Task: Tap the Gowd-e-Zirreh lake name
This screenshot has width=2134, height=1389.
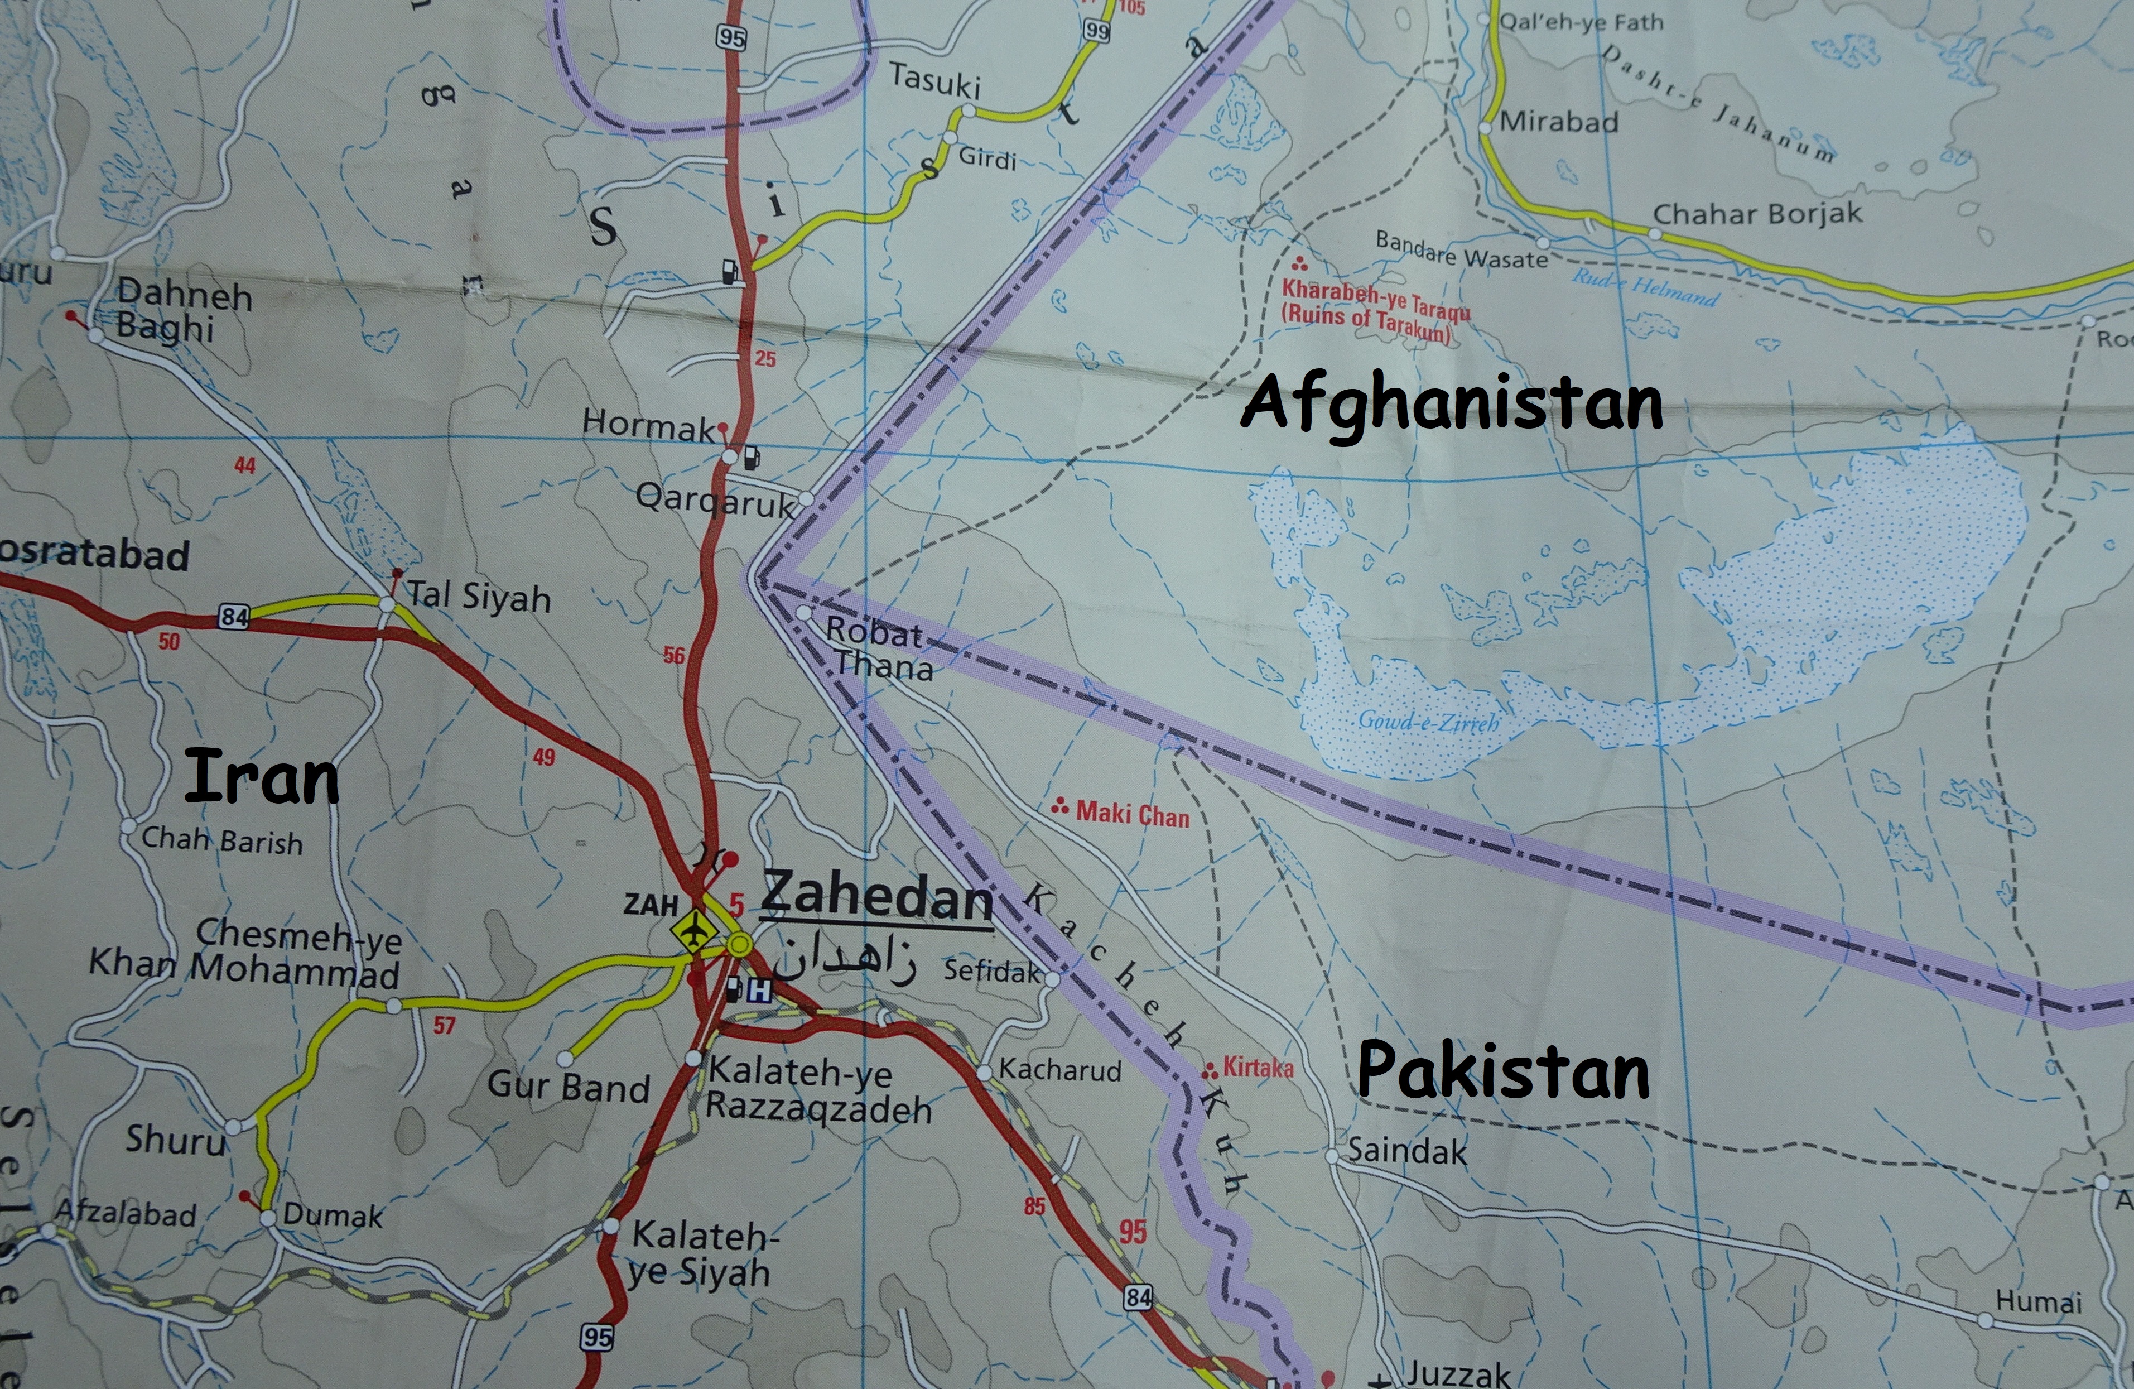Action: [1428, 721]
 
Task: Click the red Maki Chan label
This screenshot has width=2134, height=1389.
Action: [1131, 814]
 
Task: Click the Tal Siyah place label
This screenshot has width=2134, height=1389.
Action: [479, 597]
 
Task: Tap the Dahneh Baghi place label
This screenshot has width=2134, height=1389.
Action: [184, 310]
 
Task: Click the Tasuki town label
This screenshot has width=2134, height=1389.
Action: [935, 81]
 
